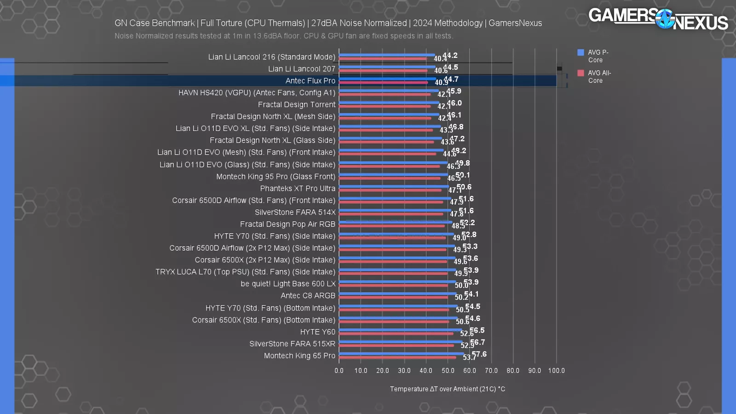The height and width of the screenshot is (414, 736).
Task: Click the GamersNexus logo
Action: [x=658, y=19]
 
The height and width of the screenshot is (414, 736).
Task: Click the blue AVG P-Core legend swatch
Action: [x=581, y=52]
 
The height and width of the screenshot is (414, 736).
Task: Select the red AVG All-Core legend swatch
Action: [x=581, y=73]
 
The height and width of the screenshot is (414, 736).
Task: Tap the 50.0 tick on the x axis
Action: [x=448, y=371]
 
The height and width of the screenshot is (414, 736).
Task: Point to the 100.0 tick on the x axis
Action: [x=556, y=371]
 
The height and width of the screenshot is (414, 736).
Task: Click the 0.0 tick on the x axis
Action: [x=339, y=371]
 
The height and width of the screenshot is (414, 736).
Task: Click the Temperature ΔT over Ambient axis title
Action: [x=447, y=389]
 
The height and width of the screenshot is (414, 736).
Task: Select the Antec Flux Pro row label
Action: [x=310, y=81]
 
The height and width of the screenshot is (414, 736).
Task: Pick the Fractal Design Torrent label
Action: [x=296, y=105]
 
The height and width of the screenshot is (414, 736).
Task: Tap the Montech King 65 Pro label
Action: [x=299, y=356]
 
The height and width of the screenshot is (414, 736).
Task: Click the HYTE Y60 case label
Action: [x=317, y=332]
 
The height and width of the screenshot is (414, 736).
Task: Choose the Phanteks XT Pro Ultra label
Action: [x=297, y=189]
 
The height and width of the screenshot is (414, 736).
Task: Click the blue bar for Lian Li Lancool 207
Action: [x=386, y=67]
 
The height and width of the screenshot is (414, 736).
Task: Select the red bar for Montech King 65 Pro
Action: [x=397, y=357]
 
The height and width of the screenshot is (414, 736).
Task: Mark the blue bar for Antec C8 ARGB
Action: [x=397, y=294]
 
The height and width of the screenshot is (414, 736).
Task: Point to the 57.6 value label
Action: [x=479, y=354]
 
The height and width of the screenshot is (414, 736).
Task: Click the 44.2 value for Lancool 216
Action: [x=450, y=55]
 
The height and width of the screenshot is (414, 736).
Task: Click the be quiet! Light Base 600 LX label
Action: [x=288, y=284]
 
